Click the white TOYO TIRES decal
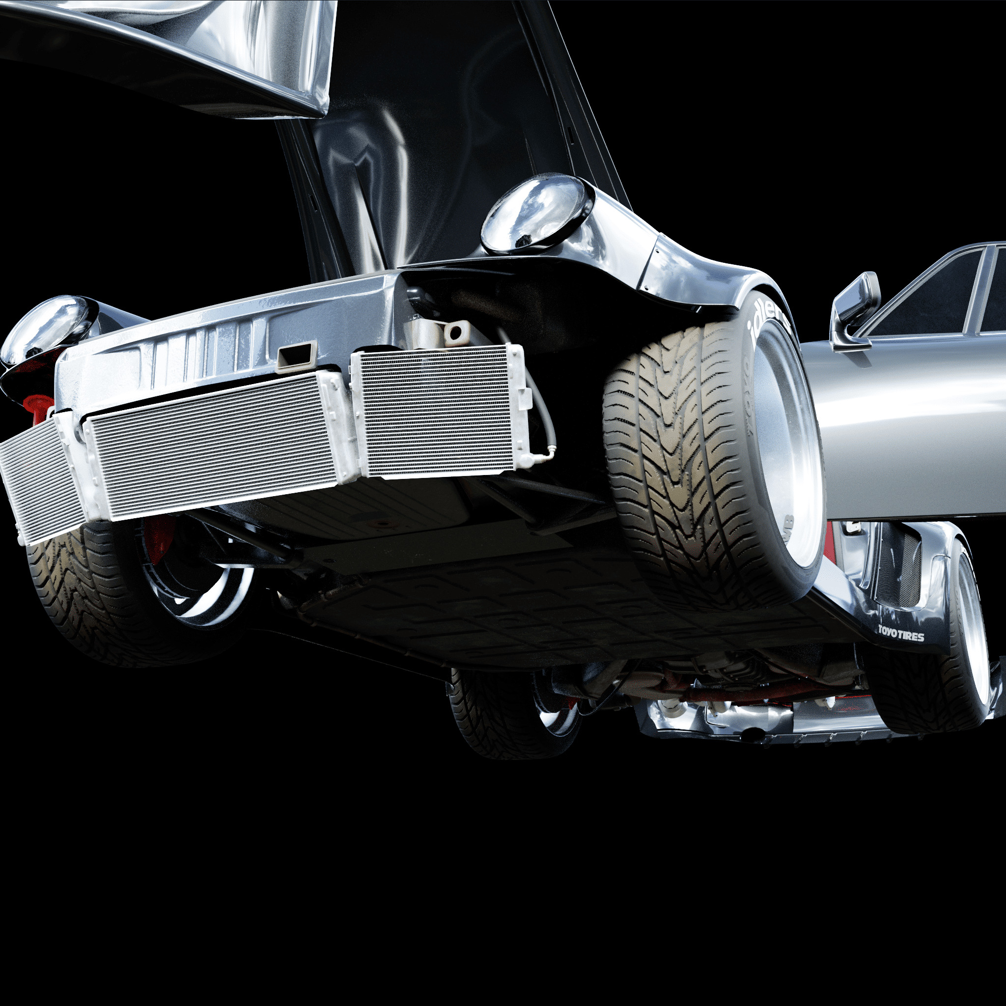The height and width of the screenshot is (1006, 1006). point(901,634)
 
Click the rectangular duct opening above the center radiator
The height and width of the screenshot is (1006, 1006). point(297,356)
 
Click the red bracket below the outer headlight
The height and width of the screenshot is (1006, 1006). point(39,406)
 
